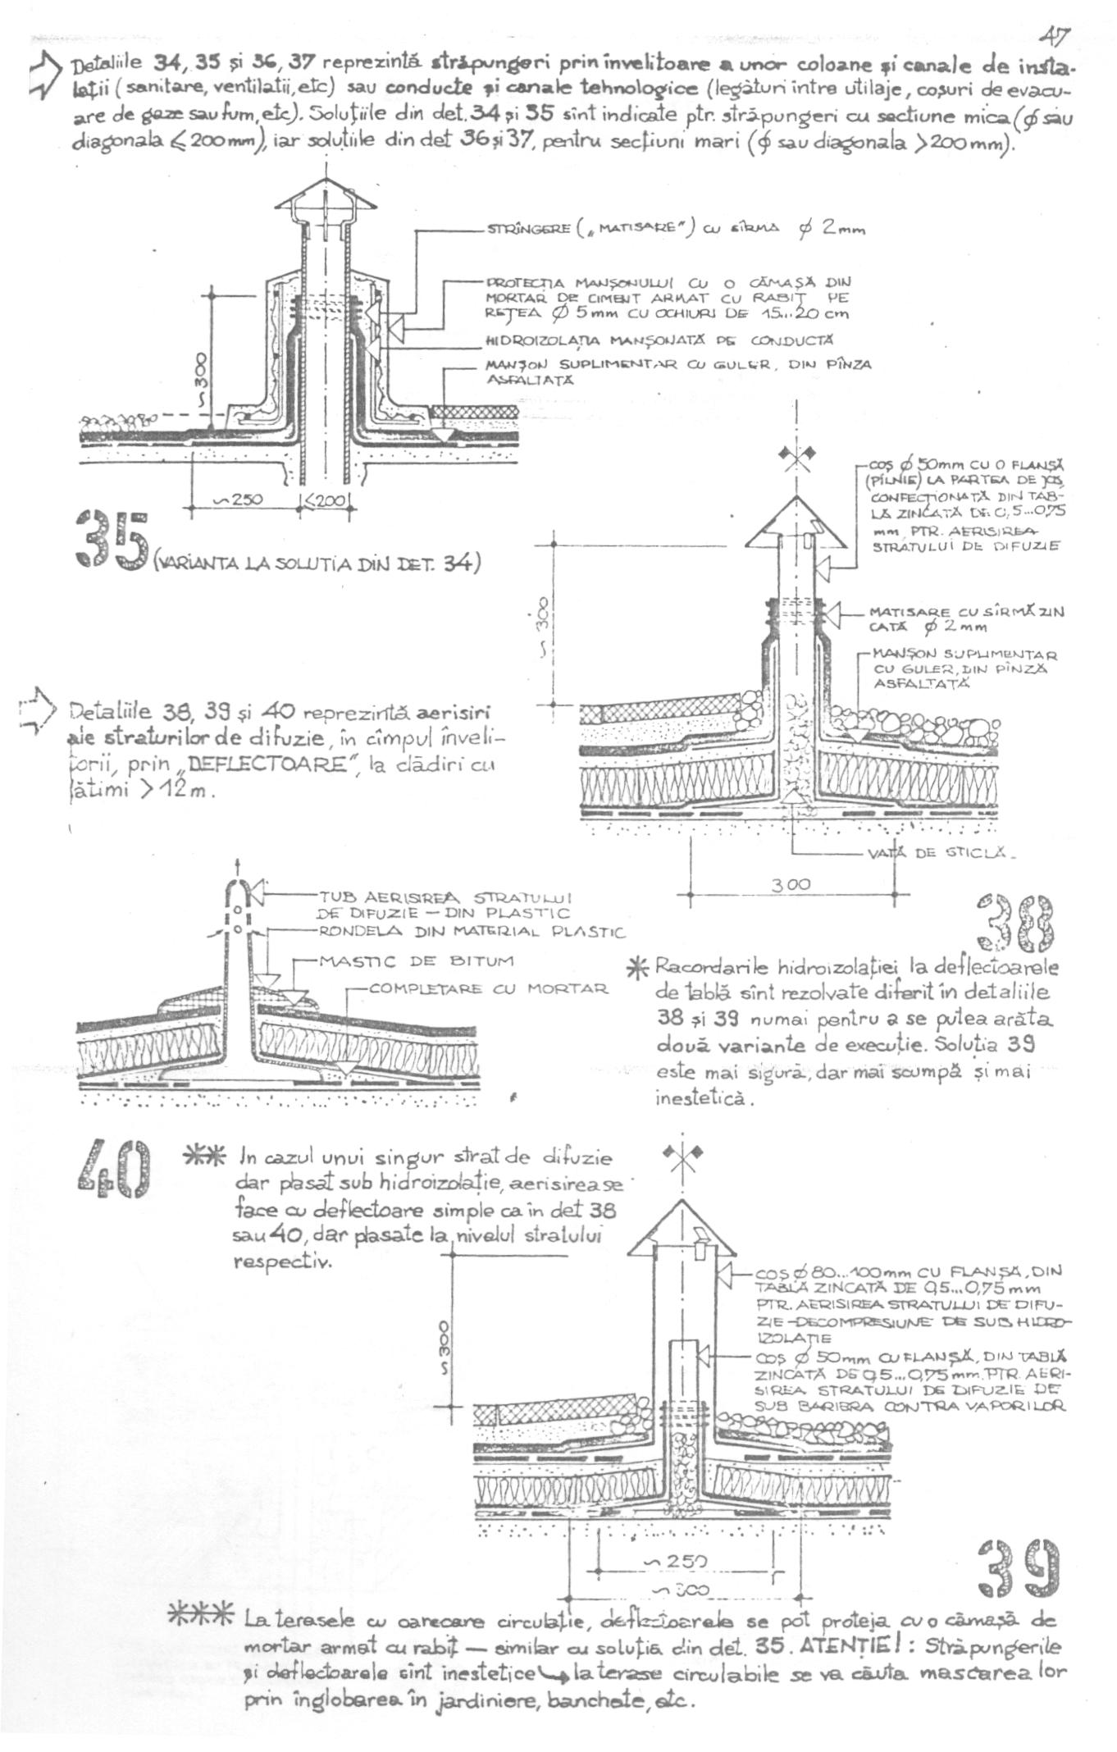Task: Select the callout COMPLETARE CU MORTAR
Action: tap(489, 989)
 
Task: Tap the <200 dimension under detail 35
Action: tap(327, 500)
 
